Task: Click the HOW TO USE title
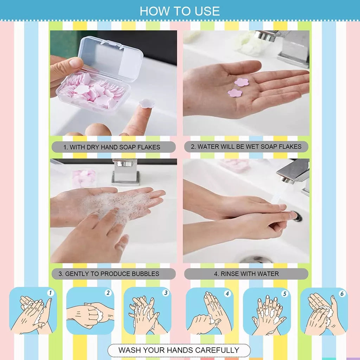(180, 11)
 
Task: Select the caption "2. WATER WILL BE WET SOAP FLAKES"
(246, 147)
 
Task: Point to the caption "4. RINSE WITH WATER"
(246, 274)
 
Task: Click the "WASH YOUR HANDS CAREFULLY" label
(179, 350)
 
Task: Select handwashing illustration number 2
(90, 311)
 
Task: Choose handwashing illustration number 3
(147, 311)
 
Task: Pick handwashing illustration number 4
(210, 311)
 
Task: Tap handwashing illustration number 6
(324, 311)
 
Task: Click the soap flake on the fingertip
(146, 103)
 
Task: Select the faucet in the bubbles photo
(126, 172)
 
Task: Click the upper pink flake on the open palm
(242, 82)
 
